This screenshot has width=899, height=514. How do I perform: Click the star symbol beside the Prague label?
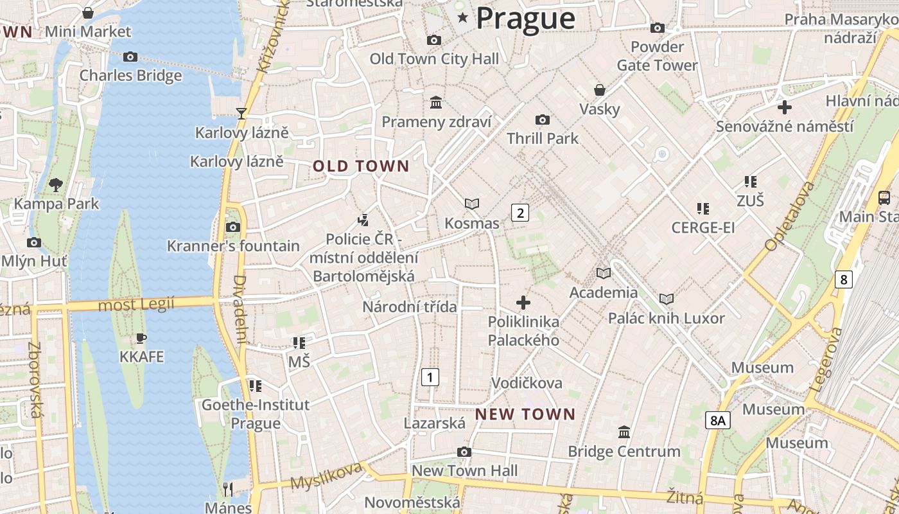point(462,18)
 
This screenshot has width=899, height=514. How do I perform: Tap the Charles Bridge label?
point(130,75)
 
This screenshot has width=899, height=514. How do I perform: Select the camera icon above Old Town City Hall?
point(434,40)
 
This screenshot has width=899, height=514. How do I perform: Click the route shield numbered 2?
point(519,213)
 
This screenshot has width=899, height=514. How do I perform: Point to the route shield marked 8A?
point(718,420)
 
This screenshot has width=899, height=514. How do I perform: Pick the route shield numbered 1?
point(430,377)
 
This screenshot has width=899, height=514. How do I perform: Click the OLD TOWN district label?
point(361,166)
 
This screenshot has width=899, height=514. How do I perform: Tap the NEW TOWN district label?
point(525,414)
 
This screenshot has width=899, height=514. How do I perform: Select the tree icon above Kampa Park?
point(56,185)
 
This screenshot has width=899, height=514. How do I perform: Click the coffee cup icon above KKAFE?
point(141,338)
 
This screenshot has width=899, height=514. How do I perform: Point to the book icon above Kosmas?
point(472,204)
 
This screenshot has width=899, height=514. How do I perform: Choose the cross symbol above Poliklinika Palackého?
point(523,302)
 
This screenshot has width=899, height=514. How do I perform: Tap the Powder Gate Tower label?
point(657,56)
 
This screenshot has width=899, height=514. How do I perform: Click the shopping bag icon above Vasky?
point(599,90)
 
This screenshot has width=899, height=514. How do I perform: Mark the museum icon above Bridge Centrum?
point(624,432)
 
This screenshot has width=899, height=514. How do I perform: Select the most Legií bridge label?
point(136,305)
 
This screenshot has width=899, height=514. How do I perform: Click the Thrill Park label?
point(543,138)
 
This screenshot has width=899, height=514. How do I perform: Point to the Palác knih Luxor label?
point(667,318)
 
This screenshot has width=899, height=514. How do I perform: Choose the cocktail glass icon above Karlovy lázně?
point(241,114)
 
